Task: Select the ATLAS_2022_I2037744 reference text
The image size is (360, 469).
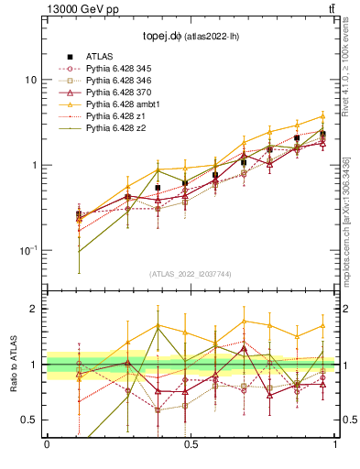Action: pos(190,274)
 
